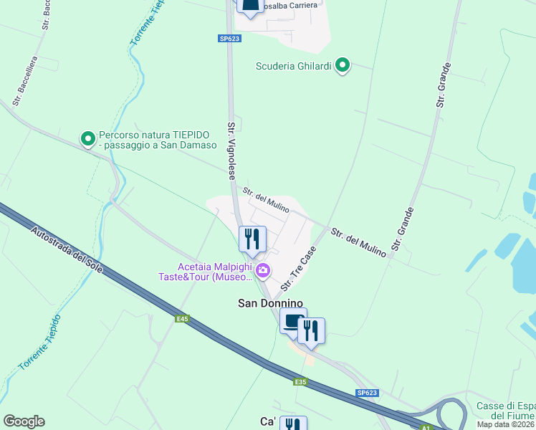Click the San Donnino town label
[x=271, y=303]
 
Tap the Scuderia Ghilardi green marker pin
[x=343, y=66]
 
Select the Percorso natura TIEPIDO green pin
[x=88, y=139]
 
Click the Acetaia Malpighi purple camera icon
[x=263, y=270]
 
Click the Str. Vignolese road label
[x=233, y=151]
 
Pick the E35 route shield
[x=300, y=382]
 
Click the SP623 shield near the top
[x=229, y=39]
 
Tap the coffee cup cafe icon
[x=293, y=321]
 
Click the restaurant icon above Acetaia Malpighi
[x=252, y=239]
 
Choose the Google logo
[x=24, y=421]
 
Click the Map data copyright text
[x=506, y=424]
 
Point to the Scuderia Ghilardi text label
[x=294, y=67]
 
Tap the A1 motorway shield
[x=426, y=428]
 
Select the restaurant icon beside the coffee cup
[x=312, y=330]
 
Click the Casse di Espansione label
[x=506, y=411]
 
